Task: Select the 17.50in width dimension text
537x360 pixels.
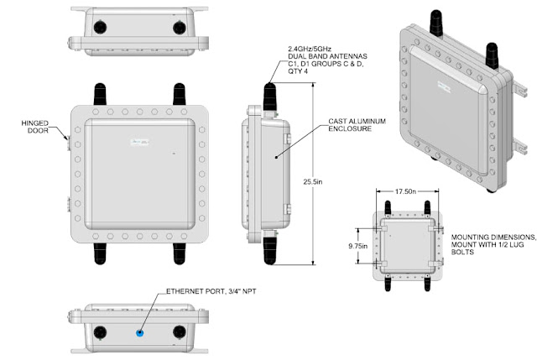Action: pos(407,191)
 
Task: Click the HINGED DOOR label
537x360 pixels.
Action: pos(37,127)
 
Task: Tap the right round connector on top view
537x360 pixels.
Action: pos(180,28)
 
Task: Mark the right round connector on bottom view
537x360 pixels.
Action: pos(180,331)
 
